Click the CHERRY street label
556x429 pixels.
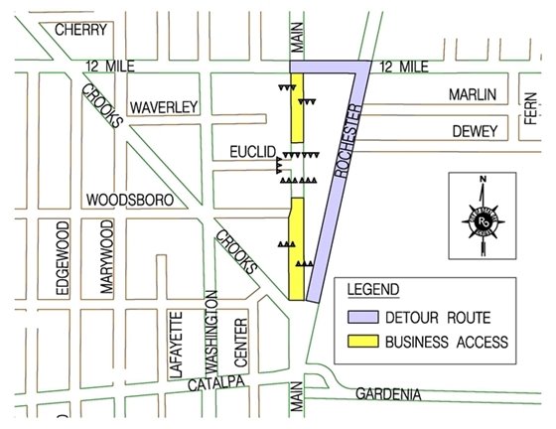point(80,30)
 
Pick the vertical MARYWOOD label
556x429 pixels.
point(105,258)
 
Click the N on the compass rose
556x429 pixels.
point(482,180)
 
